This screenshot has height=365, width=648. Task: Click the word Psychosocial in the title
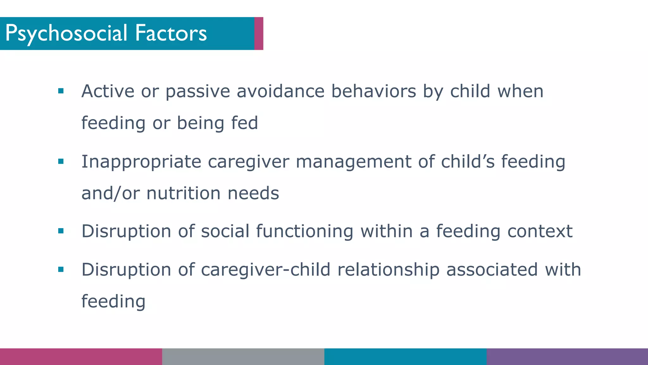66,33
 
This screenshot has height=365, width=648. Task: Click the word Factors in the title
171,33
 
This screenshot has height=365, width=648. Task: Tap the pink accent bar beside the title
259,33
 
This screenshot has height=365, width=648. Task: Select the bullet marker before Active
61,91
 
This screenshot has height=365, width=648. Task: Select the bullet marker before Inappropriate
61,162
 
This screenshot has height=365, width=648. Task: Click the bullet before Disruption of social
61,231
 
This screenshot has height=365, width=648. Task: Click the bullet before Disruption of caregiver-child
61,270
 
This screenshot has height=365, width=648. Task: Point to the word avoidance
280,91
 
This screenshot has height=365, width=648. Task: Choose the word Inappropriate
141,162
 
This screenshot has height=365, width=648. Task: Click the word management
353,162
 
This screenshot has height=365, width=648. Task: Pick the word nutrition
183,193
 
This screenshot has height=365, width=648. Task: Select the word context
540,231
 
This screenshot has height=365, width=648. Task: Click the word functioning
304,231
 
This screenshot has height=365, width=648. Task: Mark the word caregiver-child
265,270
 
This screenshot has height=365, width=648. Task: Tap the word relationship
388,270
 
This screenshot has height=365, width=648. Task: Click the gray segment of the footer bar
243,356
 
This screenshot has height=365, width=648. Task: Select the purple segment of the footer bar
567,356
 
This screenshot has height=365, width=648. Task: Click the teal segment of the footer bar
405,356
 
